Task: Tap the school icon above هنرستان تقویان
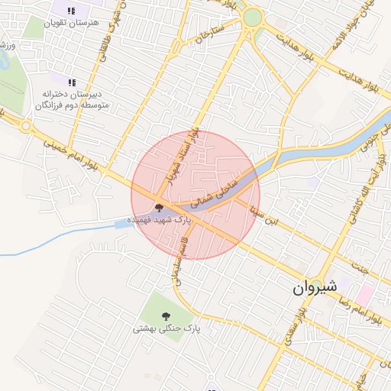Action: pyautogui.click(x=71, y=11)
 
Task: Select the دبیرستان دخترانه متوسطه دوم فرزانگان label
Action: pyautogui.click(x=71, y=99)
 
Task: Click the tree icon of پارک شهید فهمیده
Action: pyautogui.click(x=159, y=208)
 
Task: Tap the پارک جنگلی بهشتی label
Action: pyautogui.click(x=166, y=328)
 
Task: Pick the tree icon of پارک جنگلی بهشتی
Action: pyautogui.click(x=166, y=315)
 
